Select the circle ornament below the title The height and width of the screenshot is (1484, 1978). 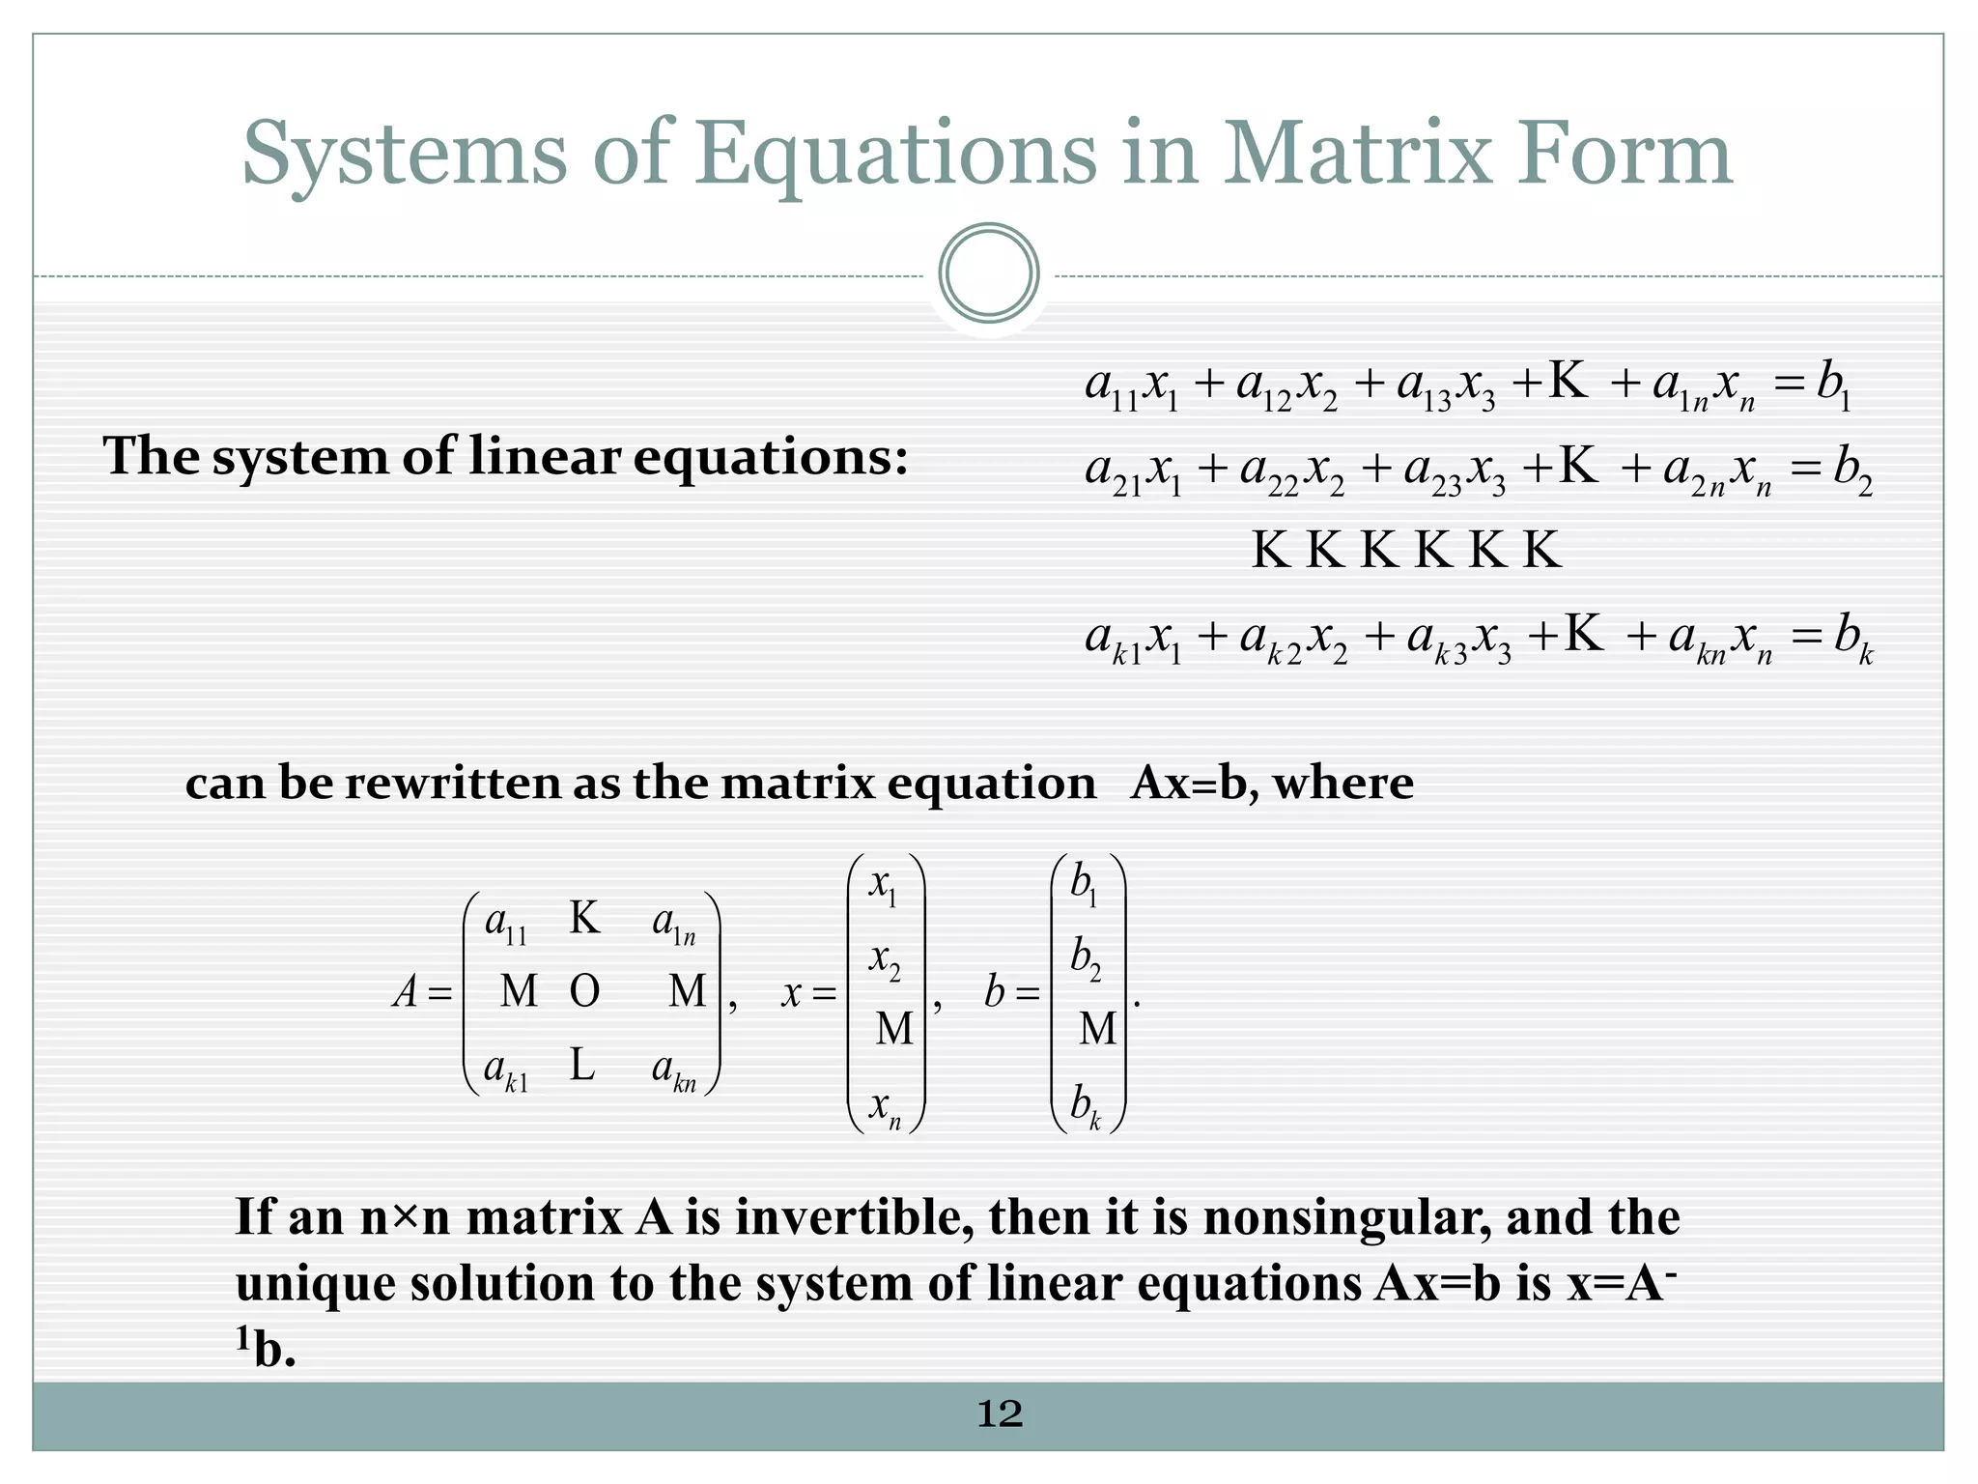pyautogui.click(x=989, y=273)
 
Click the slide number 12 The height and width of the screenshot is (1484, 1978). pyautogui.click(x=1000, y=1414)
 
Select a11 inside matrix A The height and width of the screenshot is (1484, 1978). pyautogui.click(x=505, y=924)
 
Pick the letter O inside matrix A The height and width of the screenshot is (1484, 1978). pyautogui.click(x=584, y=991)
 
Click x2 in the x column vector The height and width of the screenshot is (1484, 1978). pyautogui.click(x=885, y=960)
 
